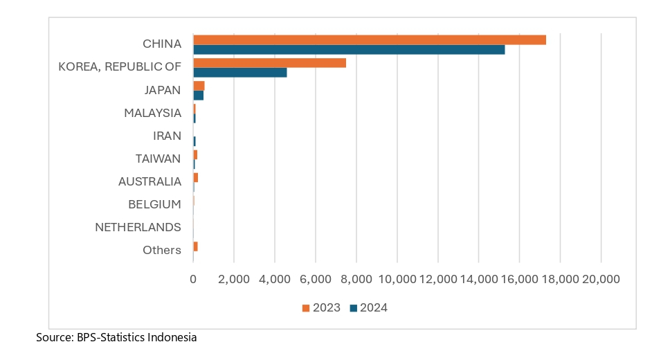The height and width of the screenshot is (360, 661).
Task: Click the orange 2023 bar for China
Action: coord(370,39)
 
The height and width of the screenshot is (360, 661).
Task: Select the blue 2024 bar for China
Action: coord(349,50)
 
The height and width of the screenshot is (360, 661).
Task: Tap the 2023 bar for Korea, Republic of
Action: coord(269,62)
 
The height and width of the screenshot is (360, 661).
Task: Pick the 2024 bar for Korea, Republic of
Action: coord(239,73)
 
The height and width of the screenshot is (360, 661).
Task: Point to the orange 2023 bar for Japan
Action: coord(199,85)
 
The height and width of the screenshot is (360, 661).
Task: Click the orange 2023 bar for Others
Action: coord(196,246)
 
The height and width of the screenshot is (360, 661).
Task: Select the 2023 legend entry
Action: coord(321,308)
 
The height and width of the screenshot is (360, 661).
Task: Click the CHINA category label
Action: coord(162,44)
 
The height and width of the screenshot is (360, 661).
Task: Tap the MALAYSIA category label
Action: coord(152,113)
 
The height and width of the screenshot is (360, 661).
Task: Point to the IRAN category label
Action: coord(167,136)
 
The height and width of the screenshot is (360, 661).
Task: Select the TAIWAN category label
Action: coord(158,159)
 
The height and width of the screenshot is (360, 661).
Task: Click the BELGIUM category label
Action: coord(154,204)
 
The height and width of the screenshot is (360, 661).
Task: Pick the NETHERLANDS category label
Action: coord(138,227)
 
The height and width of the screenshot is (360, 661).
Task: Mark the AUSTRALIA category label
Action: coord(150,181)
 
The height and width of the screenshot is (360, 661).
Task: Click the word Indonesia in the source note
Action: coord(171,338)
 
